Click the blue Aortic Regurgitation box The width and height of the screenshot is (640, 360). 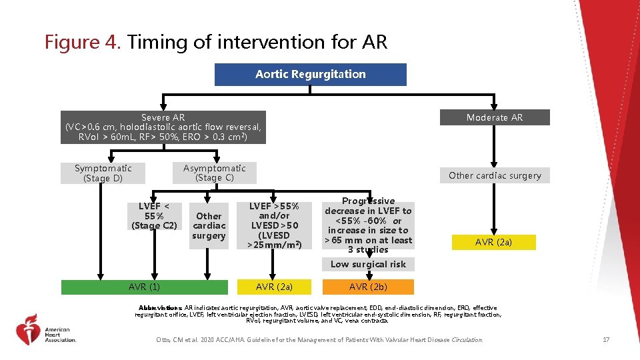click(310, 75)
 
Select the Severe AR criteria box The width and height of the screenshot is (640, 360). click(163, 127)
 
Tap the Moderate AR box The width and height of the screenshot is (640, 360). click(494, 117)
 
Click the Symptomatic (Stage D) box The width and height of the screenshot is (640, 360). click(103, 173)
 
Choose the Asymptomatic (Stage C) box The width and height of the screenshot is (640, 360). click(214, 173)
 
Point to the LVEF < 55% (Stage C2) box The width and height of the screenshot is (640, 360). click(154, 216)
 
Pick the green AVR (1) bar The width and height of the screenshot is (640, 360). click(144, 287)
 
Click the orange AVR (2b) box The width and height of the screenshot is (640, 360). click(368, 287)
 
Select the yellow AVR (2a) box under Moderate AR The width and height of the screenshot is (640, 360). click(493, 242)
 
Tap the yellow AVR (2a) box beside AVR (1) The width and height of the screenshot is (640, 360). click(274, 287)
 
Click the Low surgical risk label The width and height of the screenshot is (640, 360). click(368, 264)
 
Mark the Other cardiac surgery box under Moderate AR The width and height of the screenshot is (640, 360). click(494, 175)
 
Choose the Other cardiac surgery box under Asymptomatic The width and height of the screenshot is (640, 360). click(209, 226)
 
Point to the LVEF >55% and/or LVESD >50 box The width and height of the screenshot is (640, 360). click(274, 226)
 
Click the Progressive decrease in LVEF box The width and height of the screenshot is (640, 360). click(368, 225)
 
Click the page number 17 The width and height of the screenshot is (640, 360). click(605, 340)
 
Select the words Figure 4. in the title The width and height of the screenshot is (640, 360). click(83, 43)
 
